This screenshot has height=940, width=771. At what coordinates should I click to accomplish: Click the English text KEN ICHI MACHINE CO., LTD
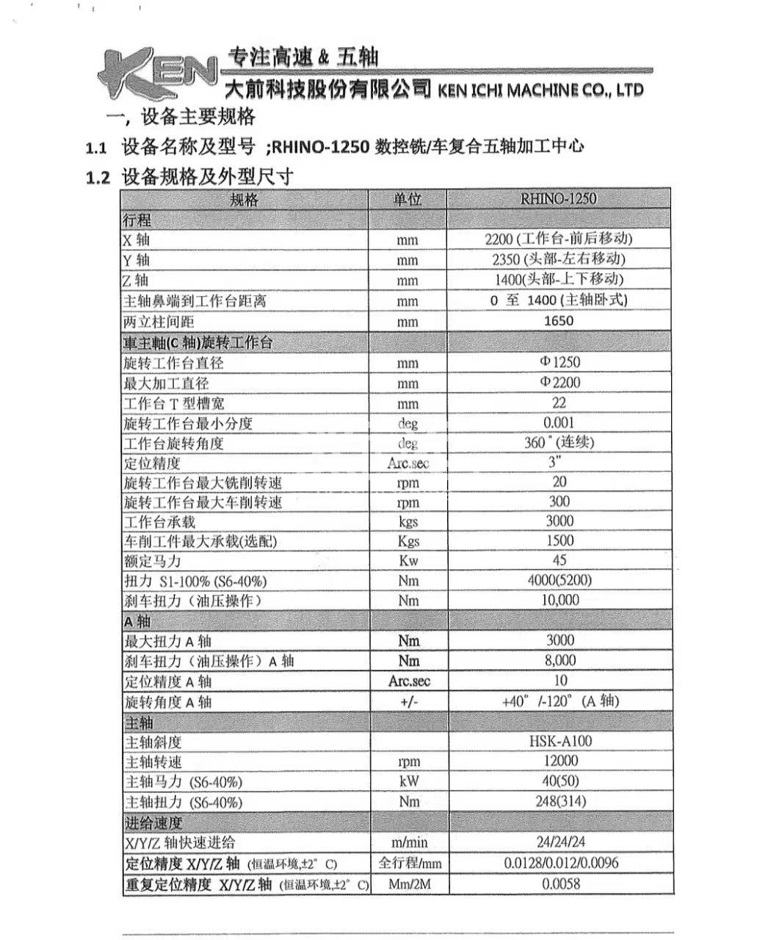[x=540, y=90]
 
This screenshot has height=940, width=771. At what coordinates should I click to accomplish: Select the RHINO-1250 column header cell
[x=558, y=198]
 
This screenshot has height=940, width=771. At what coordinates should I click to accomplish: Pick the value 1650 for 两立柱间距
[x=559, y=321]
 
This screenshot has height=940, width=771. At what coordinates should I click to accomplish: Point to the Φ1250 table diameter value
[x=560, y=362]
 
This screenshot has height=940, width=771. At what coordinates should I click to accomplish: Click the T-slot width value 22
[x=560, y=402]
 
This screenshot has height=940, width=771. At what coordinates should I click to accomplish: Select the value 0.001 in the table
[x=560, y=422]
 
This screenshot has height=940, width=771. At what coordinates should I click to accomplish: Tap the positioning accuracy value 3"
[x=555, y=461]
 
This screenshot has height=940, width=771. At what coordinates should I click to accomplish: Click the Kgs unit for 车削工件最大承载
[x=408, y=541]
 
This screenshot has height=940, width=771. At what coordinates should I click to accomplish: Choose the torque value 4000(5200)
[x=560, y=580]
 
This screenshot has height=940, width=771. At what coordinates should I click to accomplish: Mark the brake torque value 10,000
[x=560, y=600]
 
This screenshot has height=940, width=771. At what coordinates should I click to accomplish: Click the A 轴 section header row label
[x=137, y=621]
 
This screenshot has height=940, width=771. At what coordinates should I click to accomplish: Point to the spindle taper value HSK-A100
[x=560, y=742]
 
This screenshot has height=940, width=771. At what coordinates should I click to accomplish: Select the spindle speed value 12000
[x=560, y=761]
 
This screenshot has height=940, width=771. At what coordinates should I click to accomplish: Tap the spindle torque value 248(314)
[x=560, y=801]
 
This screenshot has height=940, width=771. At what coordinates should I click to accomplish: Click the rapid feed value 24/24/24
[x=560, y=842]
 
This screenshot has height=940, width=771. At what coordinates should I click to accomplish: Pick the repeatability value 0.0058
[x=560, y=883]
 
